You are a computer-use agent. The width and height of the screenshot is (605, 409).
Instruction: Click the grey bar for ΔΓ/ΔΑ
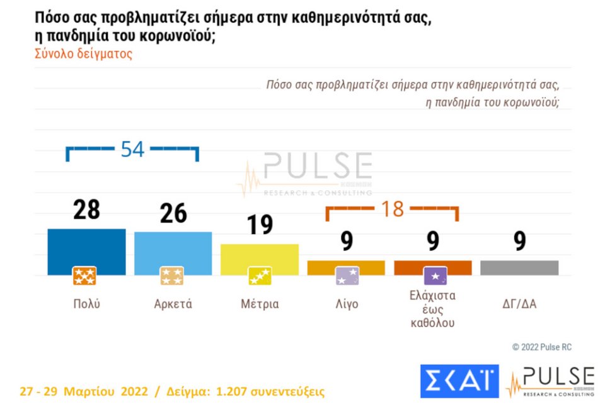coord(519,267)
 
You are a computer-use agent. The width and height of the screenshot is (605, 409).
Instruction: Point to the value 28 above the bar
coord(86,210)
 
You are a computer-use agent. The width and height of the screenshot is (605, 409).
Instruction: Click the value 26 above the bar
coord(173,214)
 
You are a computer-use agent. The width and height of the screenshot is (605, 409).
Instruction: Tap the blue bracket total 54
coord(132,150)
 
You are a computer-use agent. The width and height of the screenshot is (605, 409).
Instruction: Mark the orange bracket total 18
coord(392,209)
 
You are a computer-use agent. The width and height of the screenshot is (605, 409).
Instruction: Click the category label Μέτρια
coord(259,304)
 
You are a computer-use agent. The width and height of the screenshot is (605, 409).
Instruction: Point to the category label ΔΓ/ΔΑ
coord(519,304)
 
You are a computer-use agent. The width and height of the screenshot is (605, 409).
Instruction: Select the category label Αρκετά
coord(173,304)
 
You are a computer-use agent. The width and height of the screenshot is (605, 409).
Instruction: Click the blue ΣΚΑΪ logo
coord(459,381)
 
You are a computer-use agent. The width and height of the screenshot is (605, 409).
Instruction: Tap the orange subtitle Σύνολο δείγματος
coord(83,54)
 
